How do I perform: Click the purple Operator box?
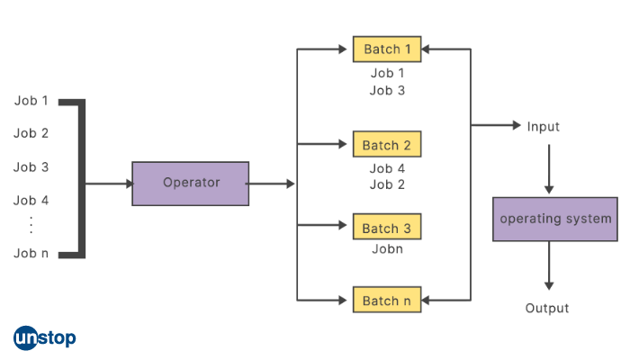[191, 184]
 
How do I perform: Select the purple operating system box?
[555, 219]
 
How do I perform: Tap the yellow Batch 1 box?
[386, 49]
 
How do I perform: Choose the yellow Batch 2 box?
[386, 145]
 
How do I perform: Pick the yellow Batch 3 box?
[386, 229]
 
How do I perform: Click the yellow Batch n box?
[386, 301]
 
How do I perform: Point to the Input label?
[543, 127]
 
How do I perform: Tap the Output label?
[547, 309]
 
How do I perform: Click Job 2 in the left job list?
[31, 133]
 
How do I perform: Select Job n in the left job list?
[31, 253]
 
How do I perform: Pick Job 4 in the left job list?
[31, 201]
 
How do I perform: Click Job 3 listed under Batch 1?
[387, 90]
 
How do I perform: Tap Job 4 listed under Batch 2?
[387, 168]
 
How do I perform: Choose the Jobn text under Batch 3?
[387, 248]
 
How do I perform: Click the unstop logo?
[45, 338]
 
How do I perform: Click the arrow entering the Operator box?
[108, 184]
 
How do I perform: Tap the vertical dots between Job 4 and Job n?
[31, 225]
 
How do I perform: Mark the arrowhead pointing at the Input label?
[515, 126]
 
